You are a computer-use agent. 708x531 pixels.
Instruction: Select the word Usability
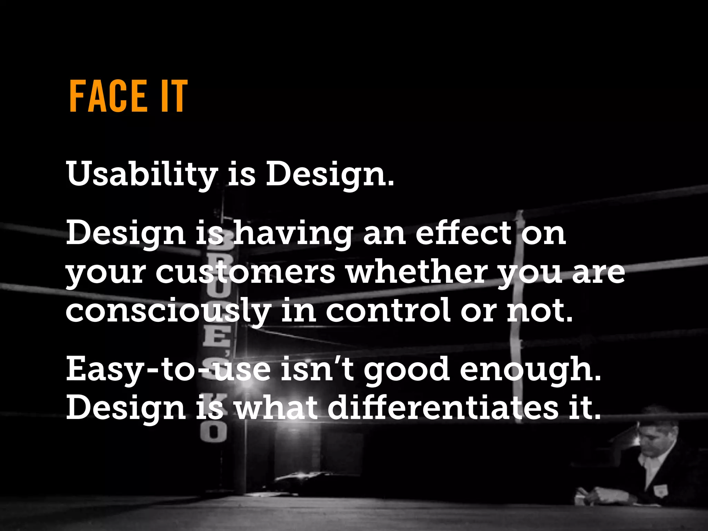(x=142, y=174)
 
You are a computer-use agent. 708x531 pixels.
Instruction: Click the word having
(x=294, y=234)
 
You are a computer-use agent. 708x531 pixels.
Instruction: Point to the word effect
(x=463, y=233)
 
